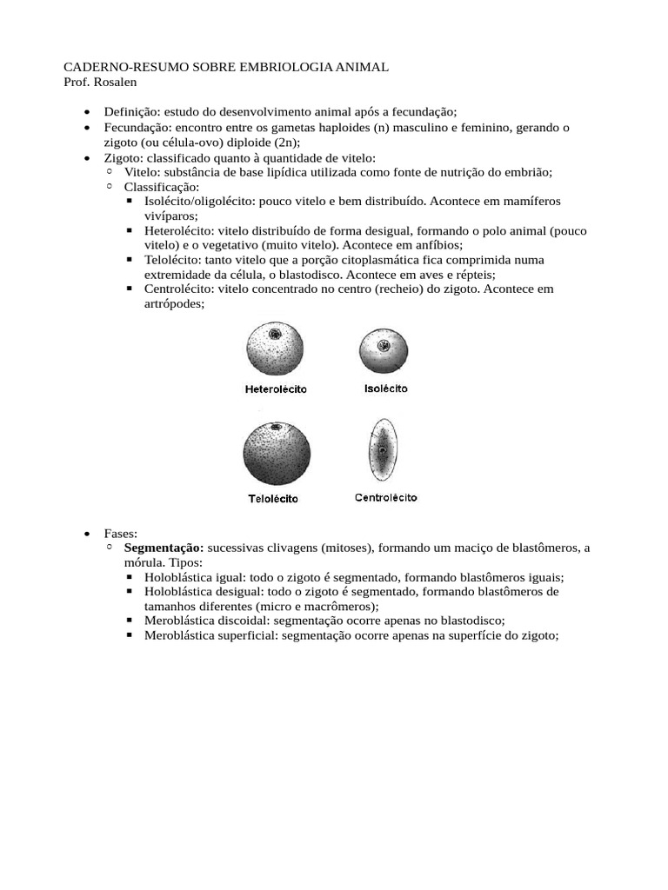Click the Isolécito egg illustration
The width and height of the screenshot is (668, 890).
tap(384, 349)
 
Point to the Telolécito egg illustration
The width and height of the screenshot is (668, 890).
tap(274, 455)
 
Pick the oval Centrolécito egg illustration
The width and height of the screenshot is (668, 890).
tap(383, 452)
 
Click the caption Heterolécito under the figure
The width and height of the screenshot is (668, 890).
tap(275, 390)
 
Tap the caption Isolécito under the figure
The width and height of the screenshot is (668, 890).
tap(385, 389)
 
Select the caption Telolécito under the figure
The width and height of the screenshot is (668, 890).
tap(273, 499)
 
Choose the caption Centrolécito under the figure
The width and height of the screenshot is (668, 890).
tap(385, 498)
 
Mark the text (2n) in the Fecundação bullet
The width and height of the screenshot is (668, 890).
tap(284, 143)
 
